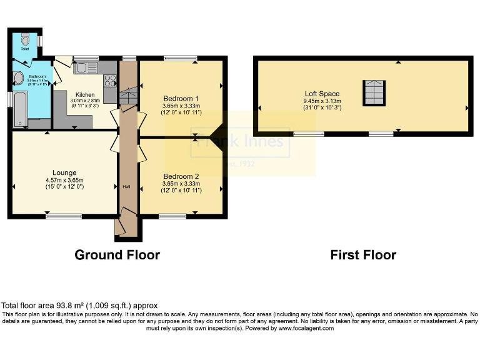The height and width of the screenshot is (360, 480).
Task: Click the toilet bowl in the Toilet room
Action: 25,37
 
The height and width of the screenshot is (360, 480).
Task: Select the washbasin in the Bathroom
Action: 17,78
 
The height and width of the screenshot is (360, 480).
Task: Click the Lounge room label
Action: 64,173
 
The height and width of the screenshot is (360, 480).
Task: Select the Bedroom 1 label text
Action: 181,99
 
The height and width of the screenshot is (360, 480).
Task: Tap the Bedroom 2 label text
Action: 181,176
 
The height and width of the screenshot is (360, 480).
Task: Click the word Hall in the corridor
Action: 126,187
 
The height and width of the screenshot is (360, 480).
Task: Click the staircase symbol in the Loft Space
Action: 374,93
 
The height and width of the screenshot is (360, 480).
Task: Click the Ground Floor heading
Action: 117,255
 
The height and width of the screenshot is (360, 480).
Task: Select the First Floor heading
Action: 363,255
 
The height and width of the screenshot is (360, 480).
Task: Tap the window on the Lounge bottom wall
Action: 64,216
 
